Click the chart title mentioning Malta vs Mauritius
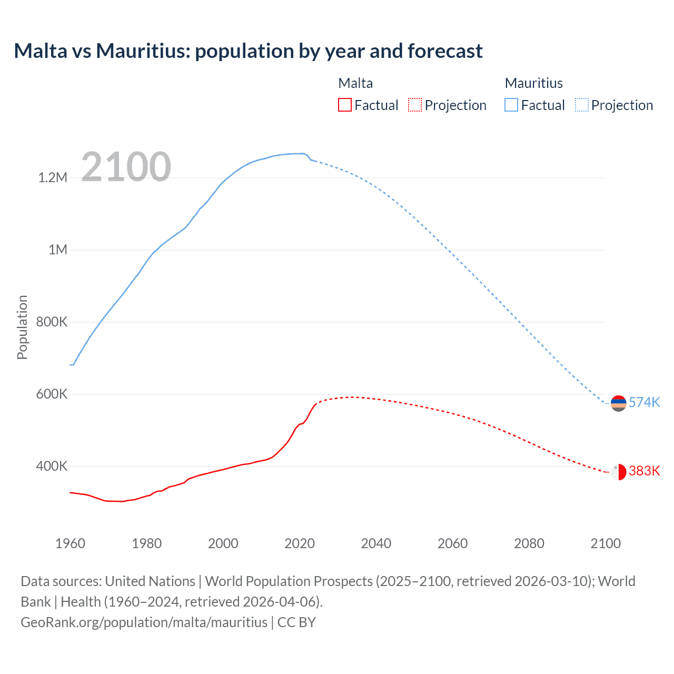point(248,51)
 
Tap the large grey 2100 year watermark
point(126,167)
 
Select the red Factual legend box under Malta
point(344,105)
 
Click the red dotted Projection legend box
point(415,105)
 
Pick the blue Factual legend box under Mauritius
point(511,105)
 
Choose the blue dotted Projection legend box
point(581,105)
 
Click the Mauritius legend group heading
point(533,83)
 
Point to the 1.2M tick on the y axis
point(53,177)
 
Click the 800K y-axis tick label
point(52,322)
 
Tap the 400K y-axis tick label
point(52,466)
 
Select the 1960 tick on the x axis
point(70,543)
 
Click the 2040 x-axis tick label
point(376,543)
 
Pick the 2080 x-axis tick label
point(529,543)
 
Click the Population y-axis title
point(22,327)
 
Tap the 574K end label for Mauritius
point(644,402)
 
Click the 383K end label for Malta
point(644,471)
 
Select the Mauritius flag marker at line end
point(618,403)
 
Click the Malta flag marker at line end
point(618,472)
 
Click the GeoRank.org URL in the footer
point(144,622)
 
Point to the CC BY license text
point(296,622)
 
